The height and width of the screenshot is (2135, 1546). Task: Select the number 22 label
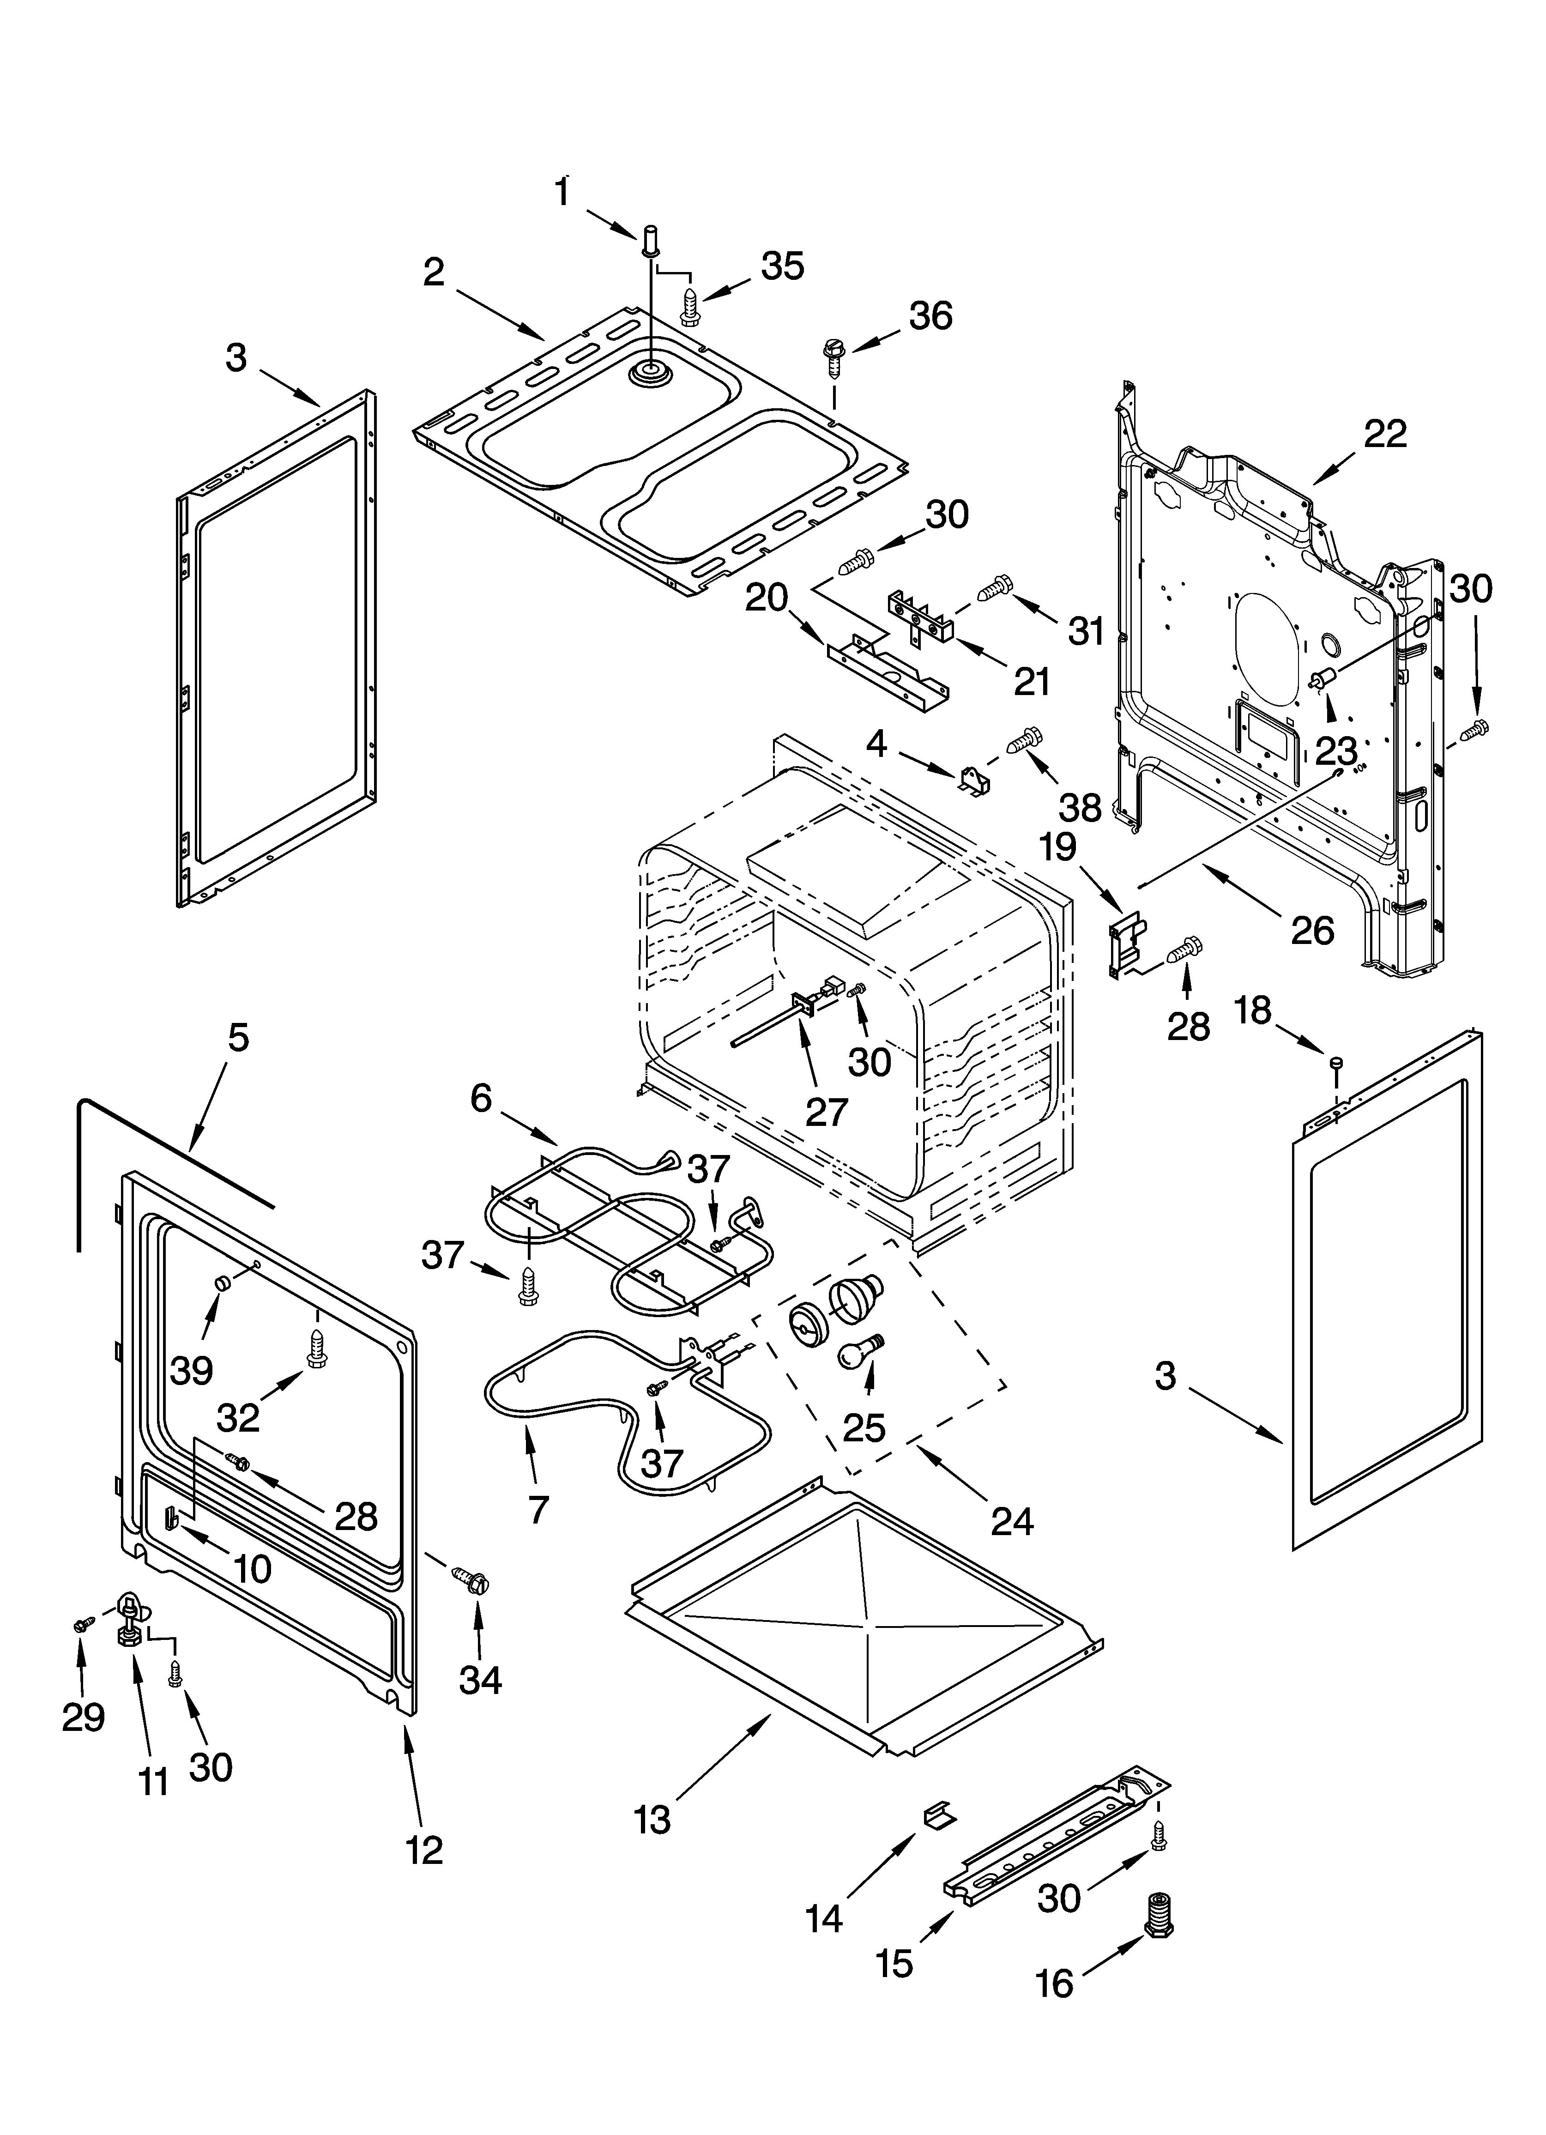1385,434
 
